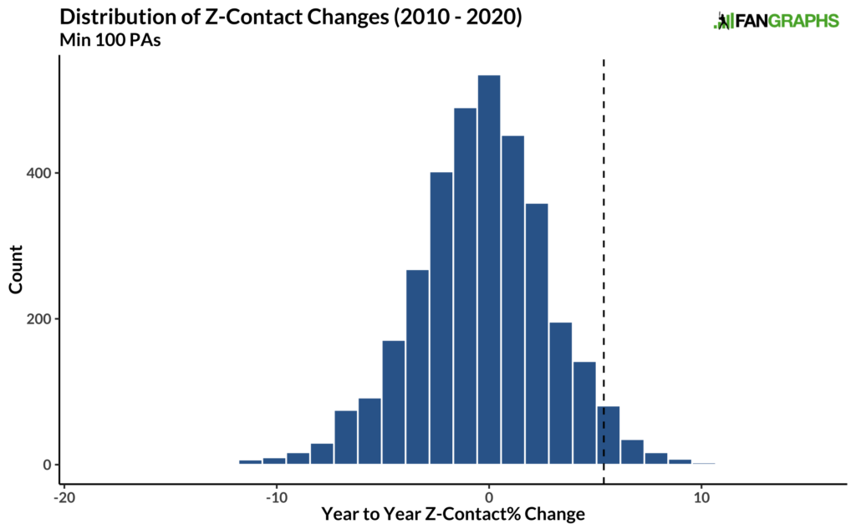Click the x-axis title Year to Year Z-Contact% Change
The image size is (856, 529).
pyautogui.click(x=454, y=515)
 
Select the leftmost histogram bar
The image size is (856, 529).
pyautogui.click(x=250, y=461)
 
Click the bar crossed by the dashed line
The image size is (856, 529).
pyautogui.click(x=608, y=435)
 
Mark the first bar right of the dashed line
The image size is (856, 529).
pyautogui.click(x=632, y=452)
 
